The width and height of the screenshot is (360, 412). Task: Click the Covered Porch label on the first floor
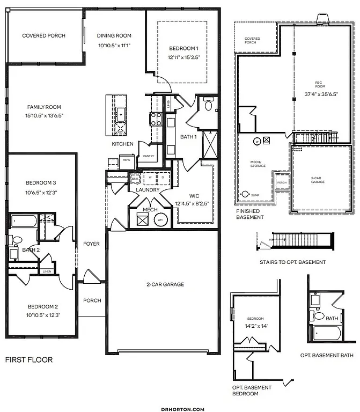[x=43, y=36]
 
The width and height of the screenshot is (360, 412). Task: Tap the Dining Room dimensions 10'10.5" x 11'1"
[x=114, y=46]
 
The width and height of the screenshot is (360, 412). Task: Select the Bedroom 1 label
[x=182, y=48]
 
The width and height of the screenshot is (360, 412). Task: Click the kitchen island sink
[x=121, y=113]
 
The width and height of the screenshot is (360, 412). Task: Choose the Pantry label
[x=148, y=156]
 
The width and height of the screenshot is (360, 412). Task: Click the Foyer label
[x=91, y=244]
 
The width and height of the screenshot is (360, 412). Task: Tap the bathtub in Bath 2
[x=23, y=221]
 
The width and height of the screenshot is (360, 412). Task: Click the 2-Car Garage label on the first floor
[x=166, y=284]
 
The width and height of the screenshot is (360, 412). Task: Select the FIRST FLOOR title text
[x=29, y=359]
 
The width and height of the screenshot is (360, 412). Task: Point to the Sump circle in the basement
[x=246, y=194]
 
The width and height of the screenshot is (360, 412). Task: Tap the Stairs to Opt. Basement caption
[x=292, y=262]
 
